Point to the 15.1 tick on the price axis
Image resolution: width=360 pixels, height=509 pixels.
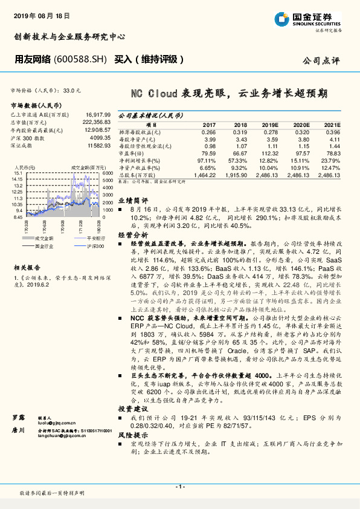18,173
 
